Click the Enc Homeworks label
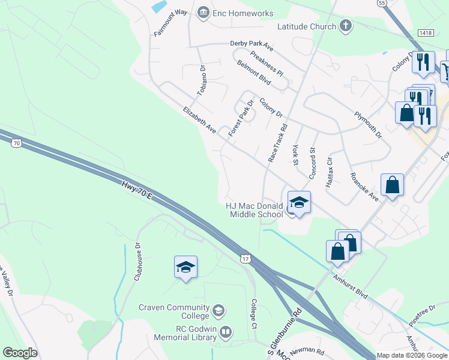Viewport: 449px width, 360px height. [x=243, y=13]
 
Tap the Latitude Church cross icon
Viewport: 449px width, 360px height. [x=345, y=26]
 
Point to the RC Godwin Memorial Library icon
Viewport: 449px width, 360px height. [x=226, y=332]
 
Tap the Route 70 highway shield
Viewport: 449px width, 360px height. [x=17, y=143]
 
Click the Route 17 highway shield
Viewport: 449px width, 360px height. [x=245, y=258]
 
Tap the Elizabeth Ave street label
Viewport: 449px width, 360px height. [x=199, y=120]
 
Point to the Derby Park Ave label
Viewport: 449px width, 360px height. [x=252, y=44]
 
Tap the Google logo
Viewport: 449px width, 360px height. [x=20, y=353]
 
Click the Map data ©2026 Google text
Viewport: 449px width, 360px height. [x=411, y=355]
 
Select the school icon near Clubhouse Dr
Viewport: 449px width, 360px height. [x=186, y=267]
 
